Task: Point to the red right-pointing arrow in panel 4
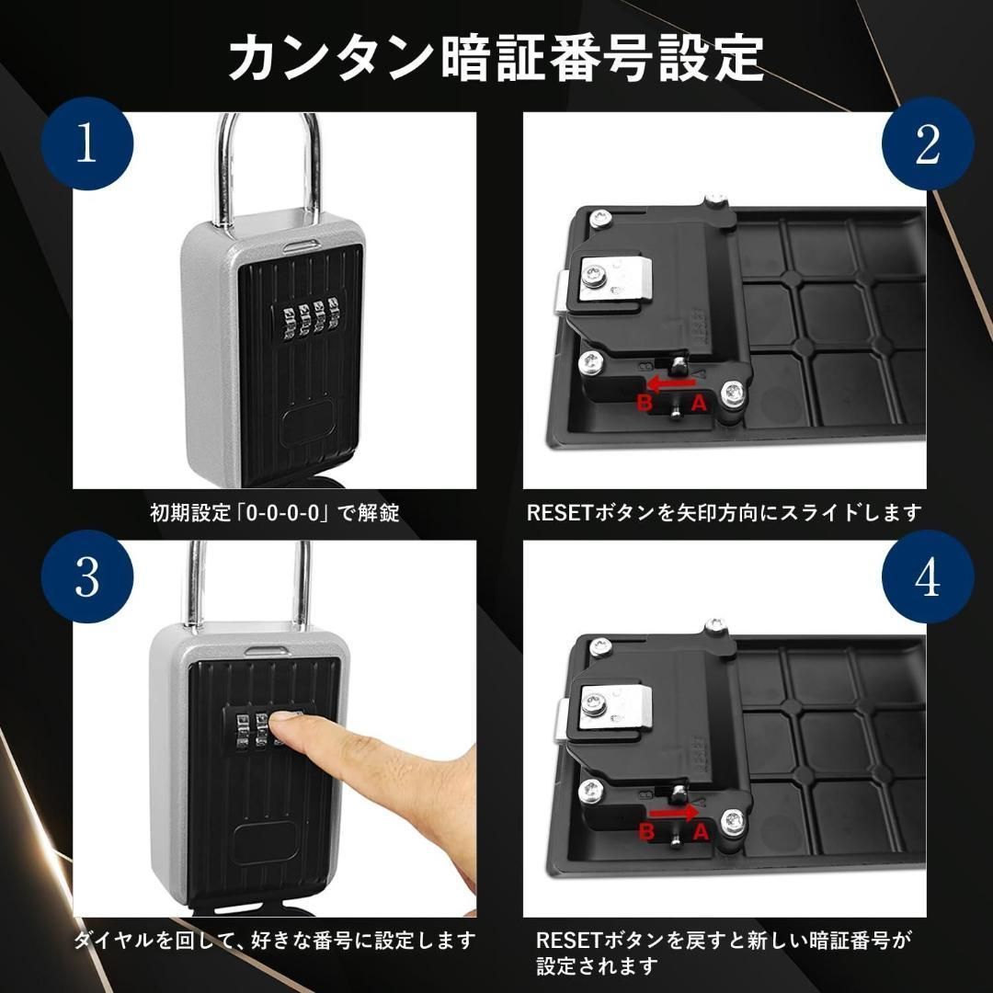coord(674,813)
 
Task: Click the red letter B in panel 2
coord(645,402)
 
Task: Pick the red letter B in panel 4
coord(645,833)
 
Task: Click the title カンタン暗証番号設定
coord(496,58)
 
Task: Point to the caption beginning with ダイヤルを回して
coord(275,942)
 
